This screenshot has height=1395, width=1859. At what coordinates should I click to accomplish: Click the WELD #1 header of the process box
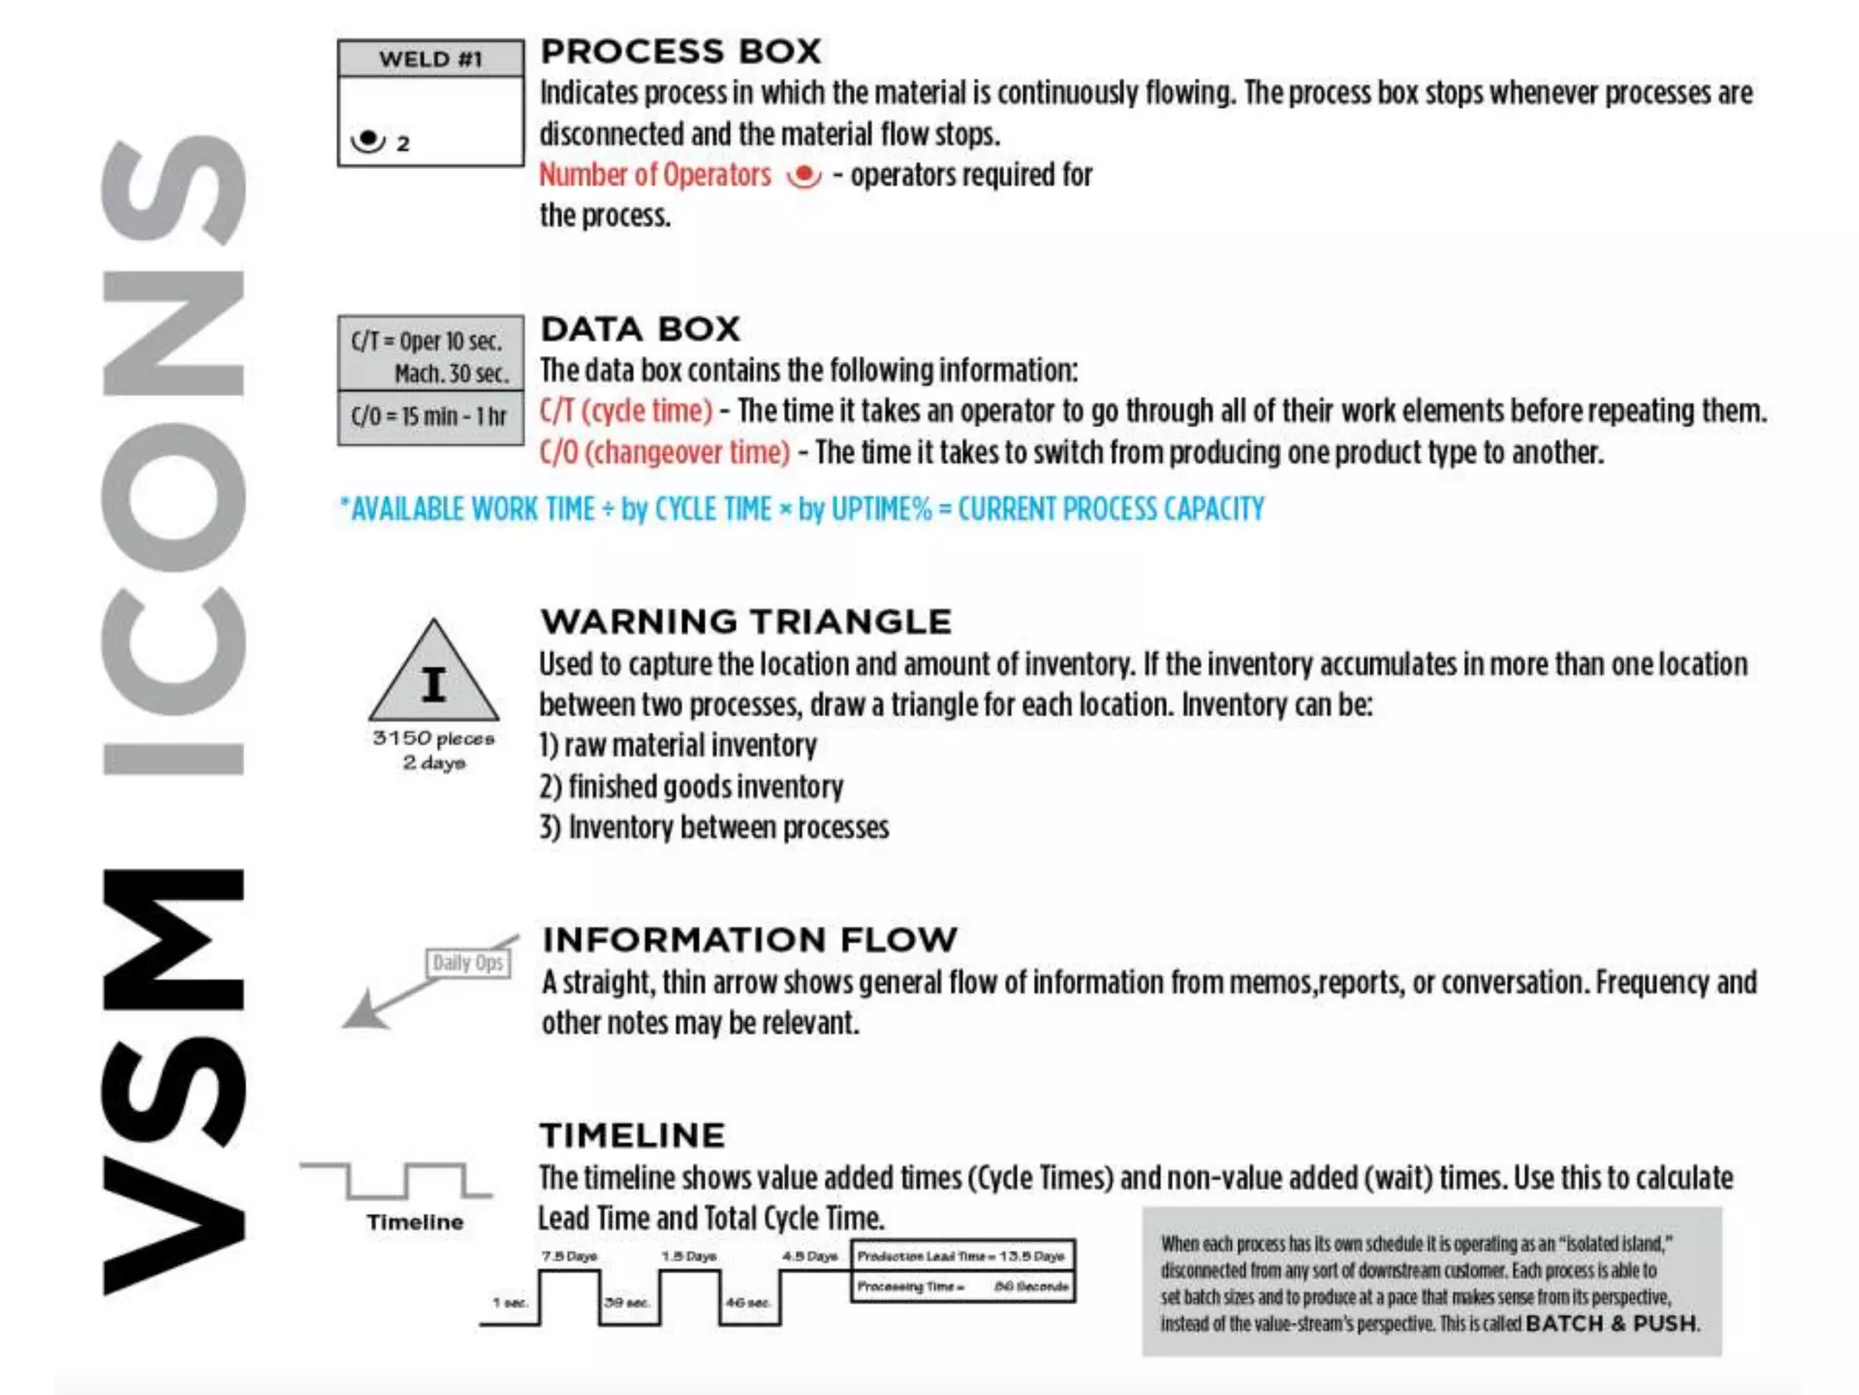(430, 59)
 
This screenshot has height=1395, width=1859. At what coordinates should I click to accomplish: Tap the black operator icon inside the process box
(369, 141)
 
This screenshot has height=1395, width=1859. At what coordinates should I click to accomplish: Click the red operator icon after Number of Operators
(803, 175)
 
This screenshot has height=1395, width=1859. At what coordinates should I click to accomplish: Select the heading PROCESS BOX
(681, 52)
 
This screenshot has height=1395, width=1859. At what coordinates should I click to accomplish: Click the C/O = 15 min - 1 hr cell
(429, 417)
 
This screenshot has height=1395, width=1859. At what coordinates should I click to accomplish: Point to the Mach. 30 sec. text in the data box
(451, 373)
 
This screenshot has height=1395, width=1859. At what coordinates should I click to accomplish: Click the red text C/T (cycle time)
(626, 411)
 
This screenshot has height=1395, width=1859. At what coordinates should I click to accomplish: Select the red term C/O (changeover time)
(664, 452)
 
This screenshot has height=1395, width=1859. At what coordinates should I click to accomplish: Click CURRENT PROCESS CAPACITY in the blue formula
(1111, 510)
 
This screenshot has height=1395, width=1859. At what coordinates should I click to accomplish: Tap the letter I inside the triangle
(434, 685)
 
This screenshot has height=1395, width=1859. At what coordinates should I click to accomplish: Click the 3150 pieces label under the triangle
(434, 738)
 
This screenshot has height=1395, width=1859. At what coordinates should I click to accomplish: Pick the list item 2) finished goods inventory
(692, 787)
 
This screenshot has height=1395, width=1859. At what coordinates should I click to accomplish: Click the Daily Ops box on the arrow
(468, 963)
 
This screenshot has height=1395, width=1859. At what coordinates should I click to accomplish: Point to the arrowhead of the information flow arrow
(363, 1013)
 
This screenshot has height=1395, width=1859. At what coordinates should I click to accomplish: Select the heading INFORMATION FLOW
(750, 940)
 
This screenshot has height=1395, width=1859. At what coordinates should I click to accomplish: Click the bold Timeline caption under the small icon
(415, 1222)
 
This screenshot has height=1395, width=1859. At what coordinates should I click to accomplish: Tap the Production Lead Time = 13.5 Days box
(962, 1256)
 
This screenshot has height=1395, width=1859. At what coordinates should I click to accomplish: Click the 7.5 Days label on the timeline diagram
(569, 1256)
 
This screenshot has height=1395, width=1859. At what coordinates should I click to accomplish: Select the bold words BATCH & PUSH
(1612, 1323)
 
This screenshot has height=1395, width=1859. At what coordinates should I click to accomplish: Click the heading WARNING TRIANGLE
(746, 622)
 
